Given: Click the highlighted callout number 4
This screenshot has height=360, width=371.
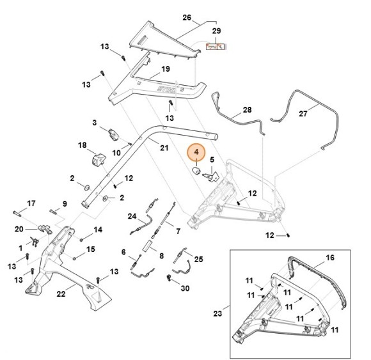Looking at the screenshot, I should [196, 154].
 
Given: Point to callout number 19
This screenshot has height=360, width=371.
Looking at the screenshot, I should [165, 68].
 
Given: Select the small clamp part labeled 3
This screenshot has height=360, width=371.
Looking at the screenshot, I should [114, 134].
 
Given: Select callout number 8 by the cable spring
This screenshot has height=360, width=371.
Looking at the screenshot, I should [161, 256].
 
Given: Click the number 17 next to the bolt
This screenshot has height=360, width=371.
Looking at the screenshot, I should [31, 203].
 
